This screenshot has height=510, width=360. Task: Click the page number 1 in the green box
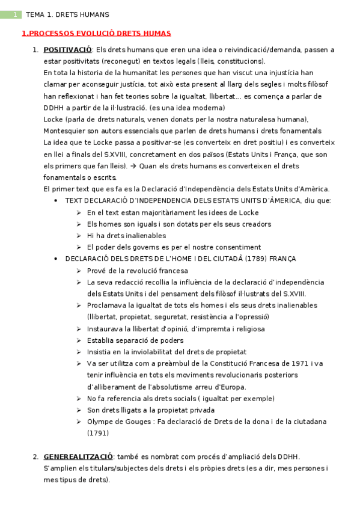point(16,14)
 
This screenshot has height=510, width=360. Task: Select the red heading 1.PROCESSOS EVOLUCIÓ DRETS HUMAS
point(96,34)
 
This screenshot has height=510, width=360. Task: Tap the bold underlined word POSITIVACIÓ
point(67,49)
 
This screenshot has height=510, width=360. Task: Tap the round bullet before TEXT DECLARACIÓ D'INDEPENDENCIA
point(56,201)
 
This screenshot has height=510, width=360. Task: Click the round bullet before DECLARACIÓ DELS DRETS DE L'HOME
point(56,259)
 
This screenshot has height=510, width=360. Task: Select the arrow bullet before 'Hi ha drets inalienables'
point(79,236)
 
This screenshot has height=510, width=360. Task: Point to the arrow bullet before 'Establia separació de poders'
point(79,340)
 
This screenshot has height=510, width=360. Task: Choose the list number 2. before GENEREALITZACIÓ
point(35,456)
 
